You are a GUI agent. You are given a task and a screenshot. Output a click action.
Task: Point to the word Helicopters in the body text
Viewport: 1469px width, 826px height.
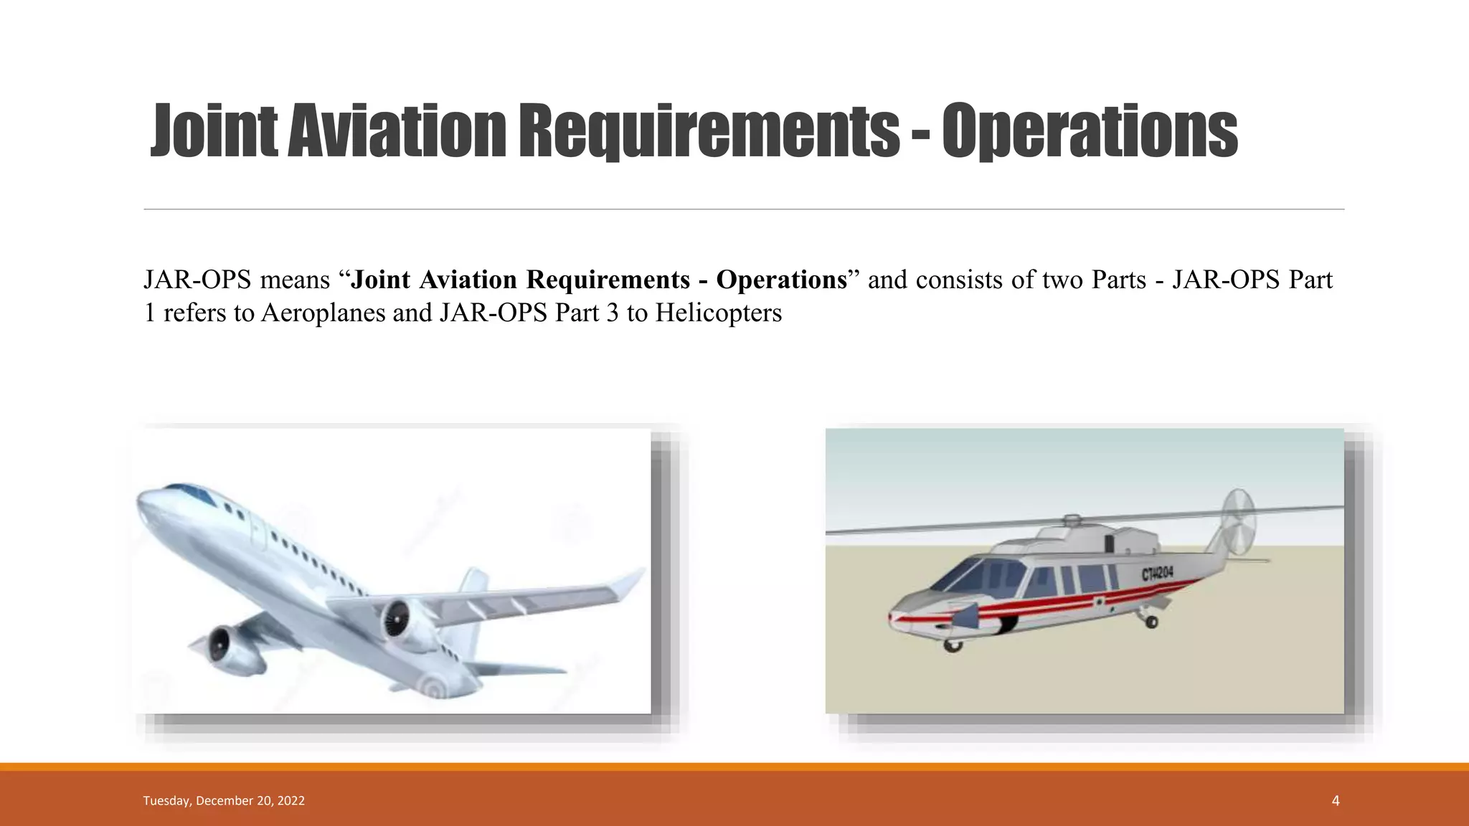[718, 313]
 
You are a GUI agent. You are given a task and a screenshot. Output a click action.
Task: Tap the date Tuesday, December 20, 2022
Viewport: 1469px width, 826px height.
[224, 801]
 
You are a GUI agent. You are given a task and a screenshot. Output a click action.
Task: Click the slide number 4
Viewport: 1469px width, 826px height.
[1335, 801]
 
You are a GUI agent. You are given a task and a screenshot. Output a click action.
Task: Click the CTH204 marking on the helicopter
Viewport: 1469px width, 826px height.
[1157, 573]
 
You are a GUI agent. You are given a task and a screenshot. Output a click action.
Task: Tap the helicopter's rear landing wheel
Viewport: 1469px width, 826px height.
[1151, 621]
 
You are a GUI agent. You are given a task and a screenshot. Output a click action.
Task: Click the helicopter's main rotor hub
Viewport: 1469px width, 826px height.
[1072, 521]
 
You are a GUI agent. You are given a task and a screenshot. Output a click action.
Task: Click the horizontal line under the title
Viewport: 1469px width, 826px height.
[743, 209]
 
